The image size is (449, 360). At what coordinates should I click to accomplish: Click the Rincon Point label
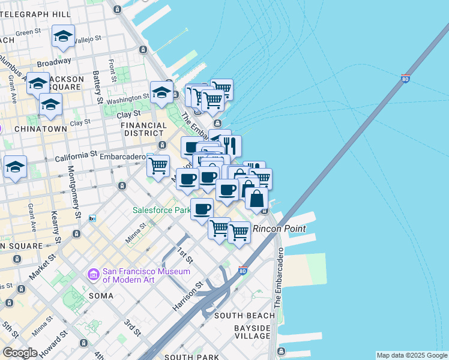click(279, 229)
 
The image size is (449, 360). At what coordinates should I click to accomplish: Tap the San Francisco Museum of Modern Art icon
click(93, 274)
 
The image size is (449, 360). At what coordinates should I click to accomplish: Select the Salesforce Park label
click(161, 211)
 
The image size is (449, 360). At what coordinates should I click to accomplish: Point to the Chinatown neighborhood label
click(40, 129)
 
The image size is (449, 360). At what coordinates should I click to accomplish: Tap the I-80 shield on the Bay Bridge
click(406, 78)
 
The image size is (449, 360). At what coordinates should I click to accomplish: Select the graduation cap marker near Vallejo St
click(63, 37)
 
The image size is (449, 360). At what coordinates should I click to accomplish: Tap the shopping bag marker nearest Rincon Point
click(256, 199)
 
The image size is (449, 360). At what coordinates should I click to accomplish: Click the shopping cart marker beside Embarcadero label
click(158, 165)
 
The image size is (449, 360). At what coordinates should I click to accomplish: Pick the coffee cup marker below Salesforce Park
click(202, 209)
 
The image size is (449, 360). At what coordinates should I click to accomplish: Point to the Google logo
click(19, 353)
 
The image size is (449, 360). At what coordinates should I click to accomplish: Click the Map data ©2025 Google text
click(412, 355)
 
